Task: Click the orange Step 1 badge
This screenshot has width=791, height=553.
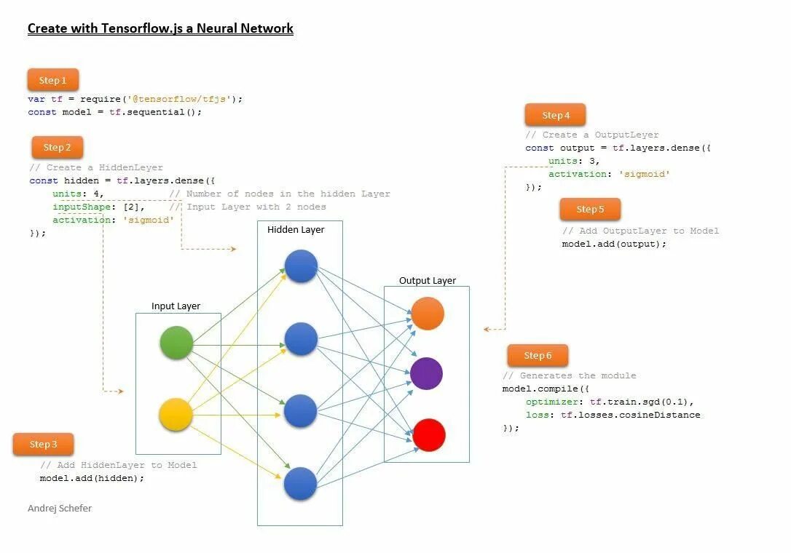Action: click(x=53, y=80)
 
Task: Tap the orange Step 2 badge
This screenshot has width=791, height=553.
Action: click(x=57, y=147)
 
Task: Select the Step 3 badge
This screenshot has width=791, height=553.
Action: click(x=44, y=444)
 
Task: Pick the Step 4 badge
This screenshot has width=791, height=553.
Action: click(x=556, y=115)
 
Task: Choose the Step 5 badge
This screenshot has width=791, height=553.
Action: click(x=590, y=209)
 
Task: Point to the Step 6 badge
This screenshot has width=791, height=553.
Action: click(x=538, y=355)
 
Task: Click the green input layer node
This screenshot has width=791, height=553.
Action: click(x=176, y=343)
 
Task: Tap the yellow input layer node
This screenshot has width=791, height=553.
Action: click(x=176, y=415)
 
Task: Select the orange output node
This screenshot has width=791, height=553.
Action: click(x=428, y=314)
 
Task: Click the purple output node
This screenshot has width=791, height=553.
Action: click(x=427, y=373)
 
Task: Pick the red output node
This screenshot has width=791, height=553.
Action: click(x=428, y=435)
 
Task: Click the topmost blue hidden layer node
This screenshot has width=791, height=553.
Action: click(x=301, y=266)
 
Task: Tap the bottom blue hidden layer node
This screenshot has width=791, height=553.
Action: click(x=300, y=484)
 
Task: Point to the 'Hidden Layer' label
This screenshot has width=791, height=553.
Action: click(x=296, y=230)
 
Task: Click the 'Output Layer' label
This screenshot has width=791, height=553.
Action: click(x=428, y=281)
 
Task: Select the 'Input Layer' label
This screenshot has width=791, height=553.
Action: click(x=176, y=306)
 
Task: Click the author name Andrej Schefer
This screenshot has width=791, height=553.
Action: click(x=60, y=508)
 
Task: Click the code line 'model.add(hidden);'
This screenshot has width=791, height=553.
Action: click(x=92, y=478)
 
